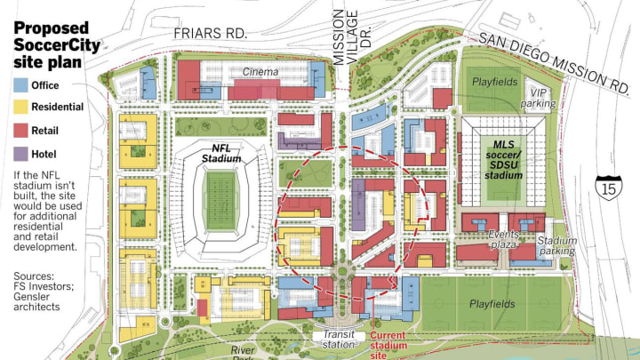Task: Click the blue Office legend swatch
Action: click(x=20, y=85)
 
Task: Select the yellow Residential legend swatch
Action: click(x=20, y=108)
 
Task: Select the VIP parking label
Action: click(x=544, y=98)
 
